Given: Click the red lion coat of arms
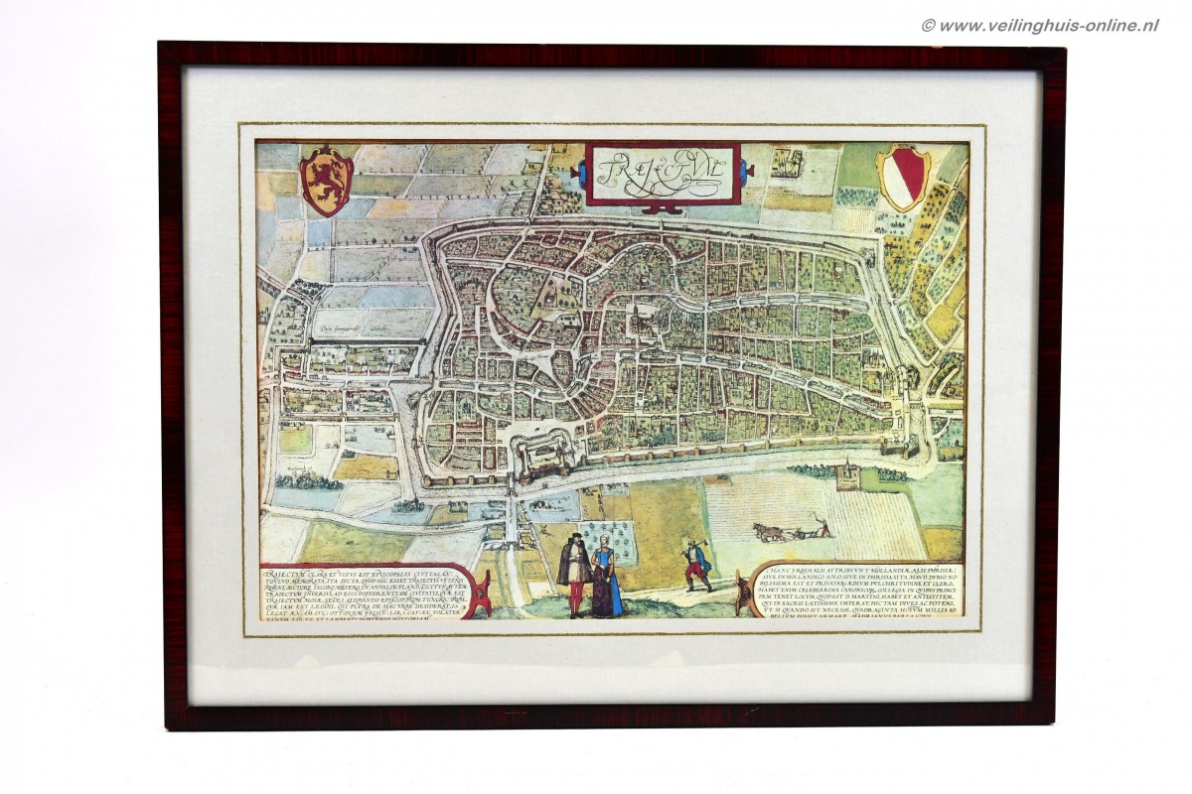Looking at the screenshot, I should tap(327, 180).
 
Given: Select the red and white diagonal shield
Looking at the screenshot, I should tap(903, 178).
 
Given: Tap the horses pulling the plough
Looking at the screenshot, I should tap(770, 533).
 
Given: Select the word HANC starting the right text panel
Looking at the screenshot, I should tap(781, 569).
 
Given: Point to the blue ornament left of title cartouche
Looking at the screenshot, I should tap(577, 174).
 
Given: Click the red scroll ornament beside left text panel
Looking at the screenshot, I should tap(480, 595).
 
